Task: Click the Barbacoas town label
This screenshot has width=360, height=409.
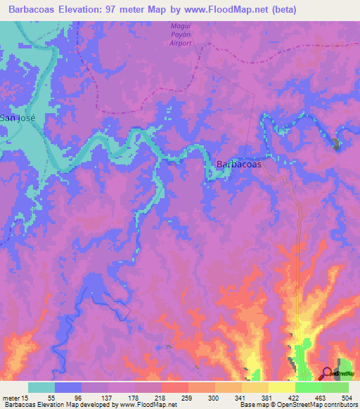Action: coord(239,164)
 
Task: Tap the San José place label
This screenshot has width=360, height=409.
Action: coord(18,118)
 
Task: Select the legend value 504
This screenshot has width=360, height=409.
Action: coord(348,398)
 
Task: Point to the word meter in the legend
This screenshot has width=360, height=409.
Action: coord(12,398)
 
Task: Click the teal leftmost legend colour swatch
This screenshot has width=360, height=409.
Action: coord(41,387)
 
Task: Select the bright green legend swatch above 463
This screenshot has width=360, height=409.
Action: coord(308,387)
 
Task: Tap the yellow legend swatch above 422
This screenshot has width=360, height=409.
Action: coord(281,387)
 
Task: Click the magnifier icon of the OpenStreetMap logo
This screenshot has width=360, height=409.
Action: coord(327,373)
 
